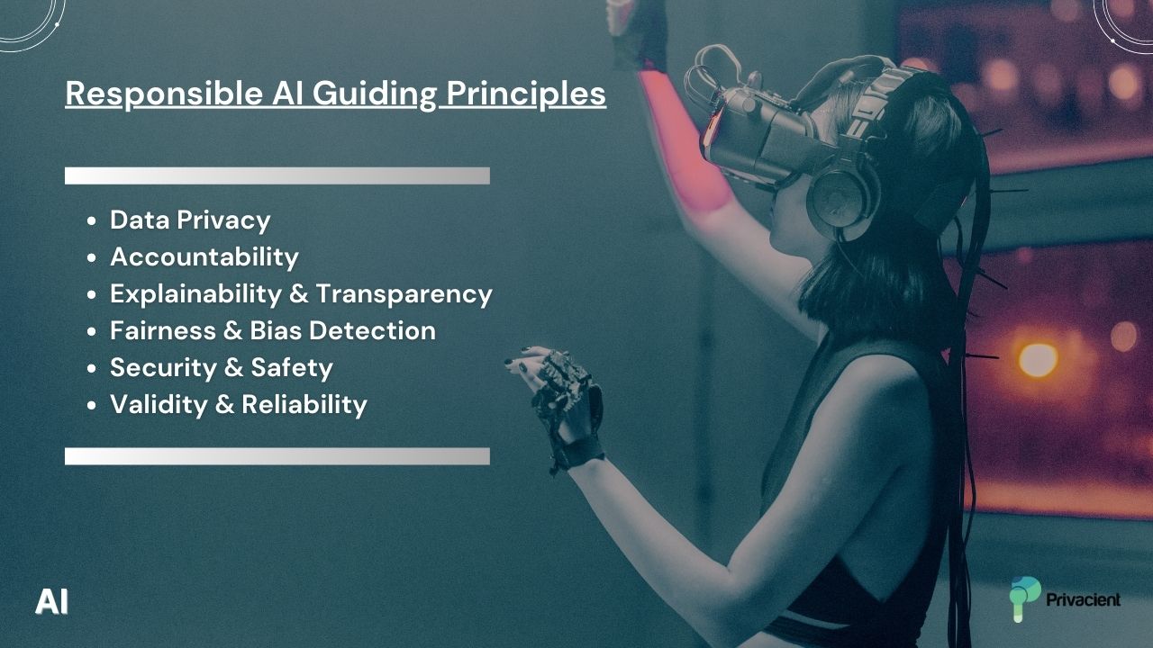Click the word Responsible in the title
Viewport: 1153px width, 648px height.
pyautogui.click(x=164, y=94)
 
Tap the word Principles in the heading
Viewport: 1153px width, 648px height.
pyautogui.click(x=526, y=94)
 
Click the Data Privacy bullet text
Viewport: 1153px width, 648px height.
pyautogui.click(x=190, y=220)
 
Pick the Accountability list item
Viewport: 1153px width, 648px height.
pyautogui.click(x=204, y=256)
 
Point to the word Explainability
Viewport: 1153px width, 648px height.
pyautogui.click(x=196, y=293)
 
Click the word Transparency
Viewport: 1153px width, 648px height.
pyautogui.click(x=404, y=293)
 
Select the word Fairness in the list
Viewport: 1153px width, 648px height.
pyautogui.click(x=163, y=330)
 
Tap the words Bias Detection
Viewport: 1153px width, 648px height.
pyautogui.click(x=343, y=330)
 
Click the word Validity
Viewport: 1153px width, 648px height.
pyautogui.click(x=159, y=404)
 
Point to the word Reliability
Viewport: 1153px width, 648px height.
pyautogui.click(x=304, y=404)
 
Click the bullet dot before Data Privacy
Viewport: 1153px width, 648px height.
pyautogui.click(x=92, y=221)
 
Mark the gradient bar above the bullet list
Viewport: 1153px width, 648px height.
pyautogui.click(x=277, y=175)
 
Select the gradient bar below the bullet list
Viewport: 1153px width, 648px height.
pyautogui.click(x=277, y=456)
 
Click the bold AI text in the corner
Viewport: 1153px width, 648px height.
pyautogui.click(x=51, y=601)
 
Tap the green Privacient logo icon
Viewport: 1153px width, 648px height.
pyautogui.click(x=1024, y=598)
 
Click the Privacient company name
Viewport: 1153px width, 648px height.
pyautogui.click(x=1084, y=599)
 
